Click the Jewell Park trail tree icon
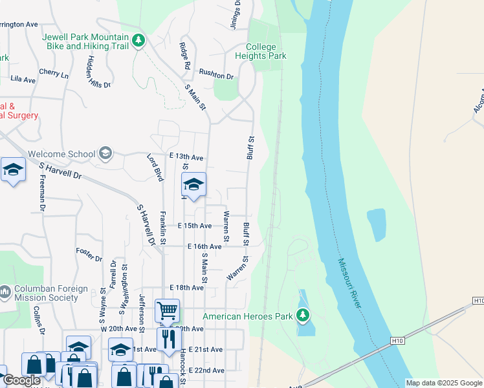pos(138,41)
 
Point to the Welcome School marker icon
pos(105,154)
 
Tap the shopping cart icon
pos(167,311)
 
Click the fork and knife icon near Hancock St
pos(168,339)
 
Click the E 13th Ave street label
pos(188,158)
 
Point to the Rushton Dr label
pos(216,75)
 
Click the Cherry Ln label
pos(53,74)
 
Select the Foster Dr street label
pos(89,253)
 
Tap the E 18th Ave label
pos(186,287)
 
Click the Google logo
pos(21,381)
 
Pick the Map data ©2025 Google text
pos(444,383)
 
